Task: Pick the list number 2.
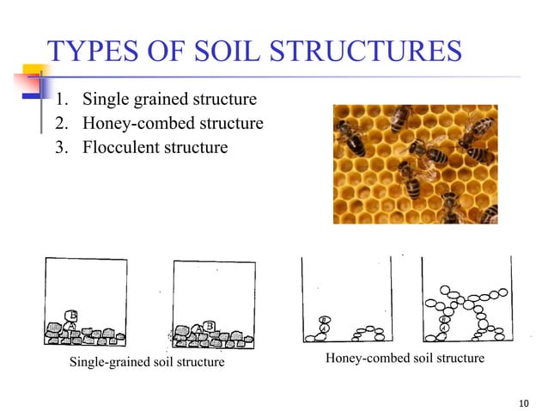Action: click(x=61, y=125)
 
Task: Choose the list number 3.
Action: click(x=61, y=147)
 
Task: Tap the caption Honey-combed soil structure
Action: click(x=405, y=358)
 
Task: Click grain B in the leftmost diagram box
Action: click(x=74, y=316)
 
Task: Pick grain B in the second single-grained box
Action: click(x=210, y=325)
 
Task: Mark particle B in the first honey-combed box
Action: click(x=324, y=319)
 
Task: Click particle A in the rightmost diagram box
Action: click(x=443, y=328)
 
